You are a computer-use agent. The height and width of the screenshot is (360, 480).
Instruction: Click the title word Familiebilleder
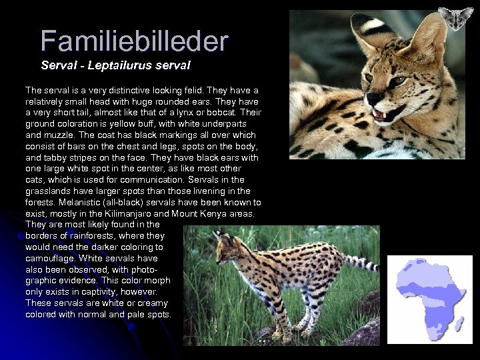click(x=134, y=41)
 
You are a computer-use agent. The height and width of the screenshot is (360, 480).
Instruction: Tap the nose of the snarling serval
click(x=371, y=97)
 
